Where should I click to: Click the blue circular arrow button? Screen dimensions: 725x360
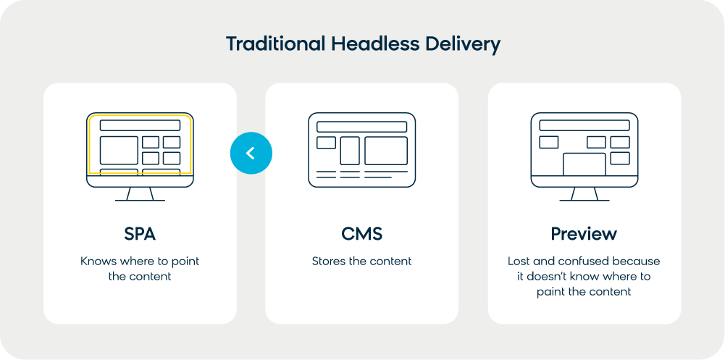coord(251,153)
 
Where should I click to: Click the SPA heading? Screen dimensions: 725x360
coord(140,234)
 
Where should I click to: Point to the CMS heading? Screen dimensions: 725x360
coord(361,234)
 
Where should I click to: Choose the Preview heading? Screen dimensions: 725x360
coord(584,234)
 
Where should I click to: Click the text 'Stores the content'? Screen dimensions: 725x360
coord(361,261)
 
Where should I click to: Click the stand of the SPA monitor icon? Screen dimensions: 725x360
coord(140,194)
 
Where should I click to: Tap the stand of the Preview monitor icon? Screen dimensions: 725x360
coord(584,194)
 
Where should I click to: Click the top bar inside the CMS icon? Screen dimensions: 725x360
coord(361,127)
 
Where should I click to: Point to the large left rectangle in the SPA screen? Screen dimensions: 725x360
coord(119,150)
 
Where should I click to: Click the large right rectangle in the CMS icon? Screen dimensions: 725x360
coord(386,151)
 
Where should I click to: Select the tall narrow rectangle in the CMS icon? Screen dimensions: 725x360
coord(350,151)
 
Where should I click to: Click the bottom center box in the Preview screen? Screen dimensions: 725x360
coord(584,164)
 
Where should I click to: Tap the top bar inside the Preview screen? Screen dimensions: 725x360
coord(584,125)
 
